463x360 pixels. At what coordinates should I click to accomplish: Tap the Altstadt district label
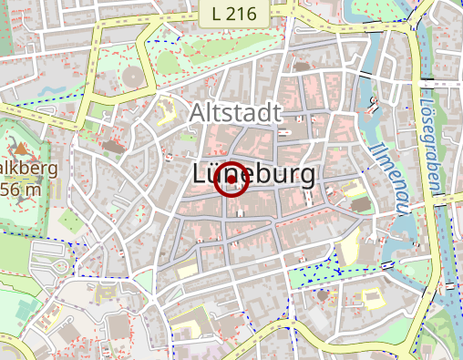click(236, 113)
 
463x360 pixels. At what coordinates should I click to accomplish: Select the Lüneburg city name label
click(254, 175)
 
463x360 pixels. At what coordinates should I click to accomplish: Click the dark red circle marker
click(231, 180)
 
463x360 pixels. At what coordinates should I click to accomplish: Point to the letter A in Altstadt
click(199, 113)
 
